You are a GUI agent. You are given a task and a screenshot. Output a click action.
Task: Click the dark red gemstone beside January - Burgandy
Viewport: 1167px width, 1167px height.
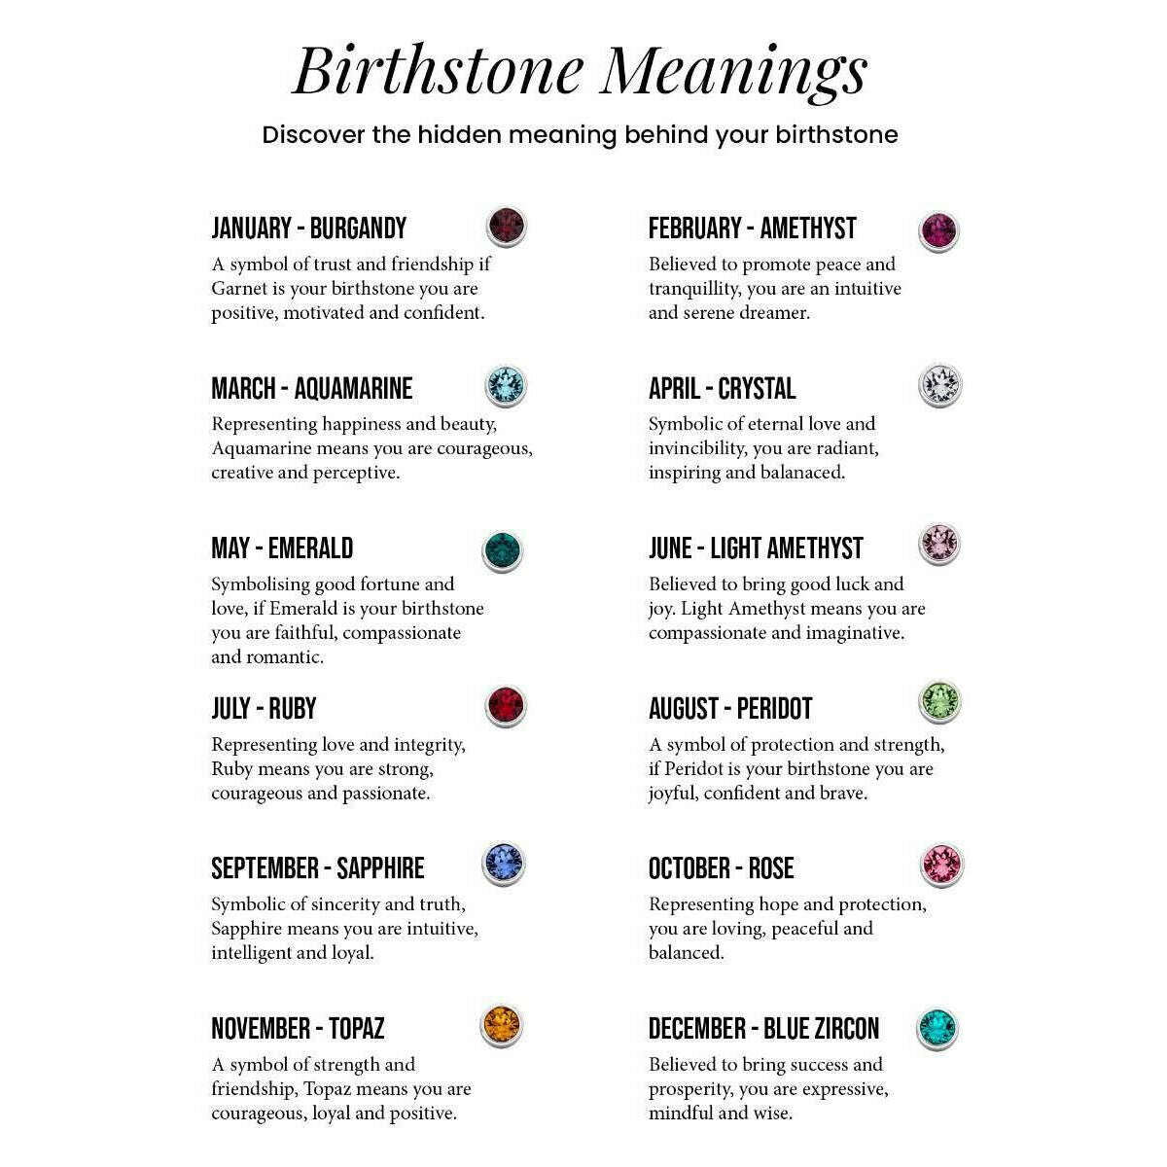point(505,227)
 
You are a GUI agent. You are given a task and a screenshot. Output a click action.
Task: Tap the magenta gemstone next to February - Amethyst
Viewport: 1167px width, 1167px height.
point(939,231)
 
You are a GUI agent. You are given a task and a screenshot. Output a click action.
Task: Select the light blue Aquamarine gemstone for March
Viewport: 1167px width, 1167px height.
point(505,386)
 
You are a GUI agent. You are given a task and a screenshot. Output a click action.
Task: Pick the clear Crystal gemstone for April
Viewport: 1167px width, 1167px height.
point(939,386)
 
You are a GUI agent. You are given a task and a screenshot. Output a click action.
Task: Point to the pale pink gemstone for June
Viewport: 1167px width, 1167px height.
point(939,543)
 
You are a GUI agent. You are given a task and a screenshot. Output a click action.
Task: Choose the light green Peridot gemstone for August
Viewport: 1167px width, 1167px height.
point(939,701)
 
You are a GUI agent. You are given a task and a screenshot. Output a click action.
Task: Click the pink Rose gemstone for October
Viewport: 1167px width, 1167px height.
point(940,865)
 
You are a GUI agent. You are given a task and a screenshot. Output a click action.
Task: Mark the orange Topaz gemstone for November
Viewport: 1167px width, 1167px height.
point(502,1025)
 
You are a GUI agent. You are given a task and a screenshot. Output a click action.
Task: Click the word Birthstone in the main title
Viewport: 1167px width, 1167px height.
point(438,70)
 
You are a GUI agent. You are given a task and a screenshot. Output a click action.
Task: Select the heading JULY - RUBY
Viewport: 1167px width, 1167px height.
point(264,708)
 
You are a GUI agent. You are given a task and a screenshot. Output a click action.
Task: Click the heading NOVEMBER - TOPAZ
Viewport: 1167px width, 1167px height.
point(298,1028)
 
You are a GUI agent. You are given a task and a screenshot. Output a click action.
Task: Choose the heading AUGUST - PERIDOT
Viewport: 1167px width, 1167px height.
point(729,708)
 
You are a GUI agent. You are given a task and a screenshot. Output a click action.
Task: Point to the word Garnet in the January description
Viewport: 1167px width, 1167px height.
point(239,289)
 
